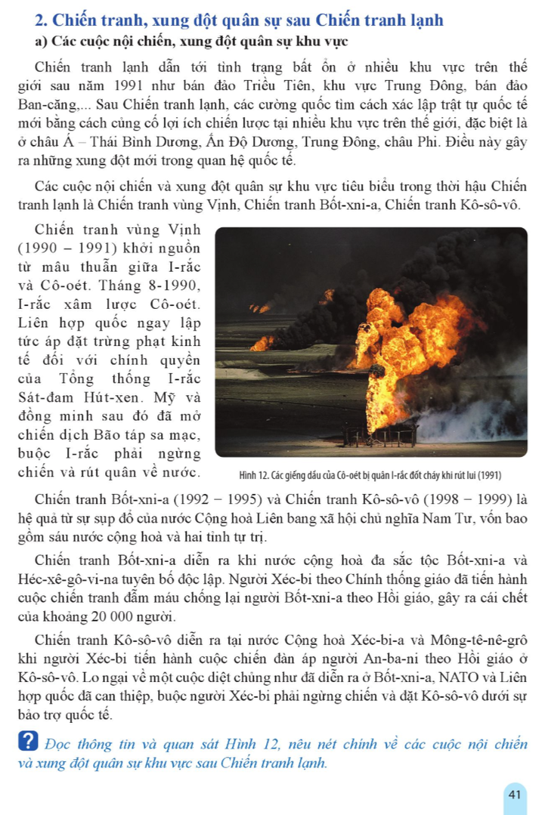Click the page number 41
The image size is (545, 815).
[515, 794]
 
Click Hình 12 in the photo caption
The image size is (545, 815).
[249, 477]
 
